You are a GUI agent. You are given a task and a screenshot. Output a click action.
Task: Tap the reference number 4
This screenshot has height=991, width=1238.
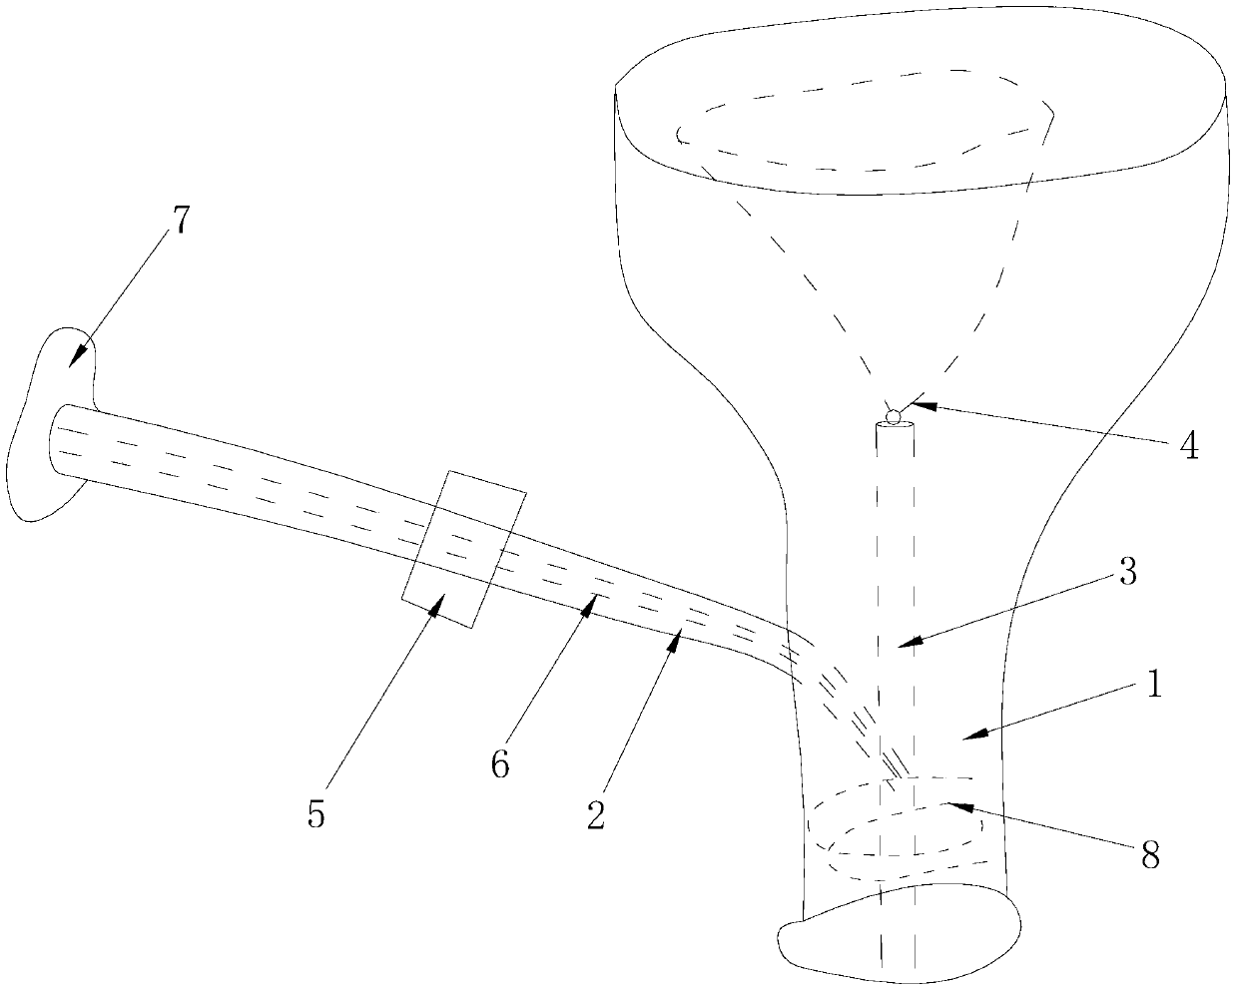[1188, 446]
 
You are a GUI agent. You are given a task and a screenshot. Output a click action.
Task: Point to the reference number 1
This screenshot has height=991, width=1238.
[1152, 688]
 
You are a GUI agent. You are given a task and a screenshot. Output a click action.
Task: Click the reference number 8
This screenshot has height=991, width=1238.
[1150, 855]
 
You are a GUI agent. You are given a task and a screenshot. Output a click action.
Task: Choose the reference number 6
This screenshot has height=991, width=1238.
[499, 765]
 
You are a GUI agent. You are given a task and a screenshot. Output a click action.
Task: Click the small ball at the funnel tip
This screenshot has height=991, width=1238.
[893, 414]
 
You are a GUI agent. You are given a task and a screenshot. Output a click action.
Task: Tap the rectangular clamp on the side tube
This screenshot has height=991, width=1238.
[463, 549]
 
